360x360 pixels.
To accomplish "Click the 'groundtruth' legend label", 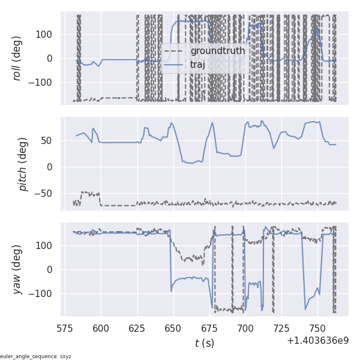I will tap(217, 51).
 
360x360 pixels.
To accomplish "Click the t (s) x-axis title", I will tap(204, 343).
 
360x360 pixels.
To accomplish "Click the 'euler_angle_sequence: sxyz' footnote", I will tap(36, 356).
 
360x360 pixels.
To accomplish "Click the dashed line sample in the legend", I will tap(174, 51).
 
